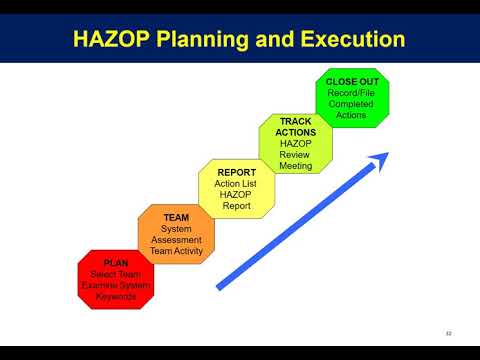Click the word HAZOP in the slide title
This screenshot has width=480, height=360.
coord(112,41)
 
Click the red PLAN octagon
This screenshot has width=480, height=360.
coord(116,280)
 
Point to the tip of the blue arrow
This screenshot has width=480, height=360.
coord(386,153)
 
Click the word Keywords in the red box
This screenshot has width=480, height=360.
coord(116,297)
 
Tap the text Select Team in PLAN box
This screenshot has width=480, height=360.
coord(116,274)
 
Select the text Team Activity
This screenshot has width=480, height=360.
coord(177,251)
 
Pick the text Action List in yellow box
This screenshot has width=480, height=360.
coord(237,183)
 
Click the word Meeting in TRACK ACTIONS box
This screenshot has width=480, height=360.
coord(296,166)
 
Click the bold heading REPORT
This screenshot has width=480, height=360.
coord(237,172)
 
